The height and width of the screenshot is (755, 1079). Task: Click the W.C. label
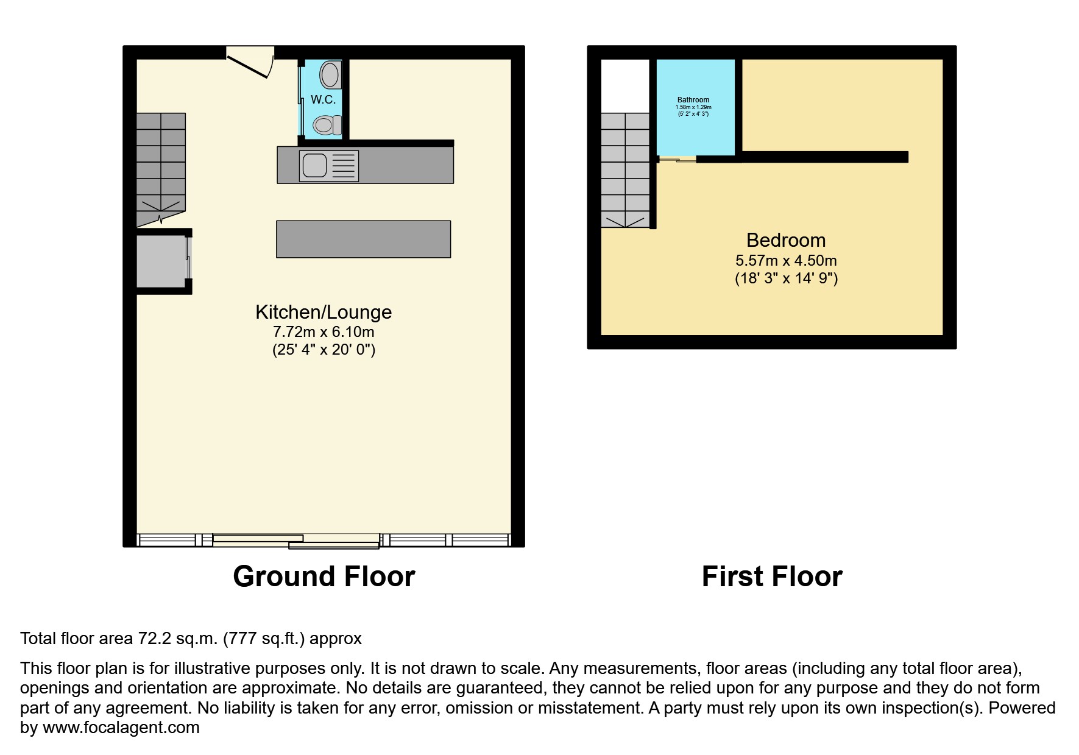click(x=323, y=99)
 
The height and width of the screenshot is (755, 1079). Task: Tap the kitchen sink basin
click(x=315, y=165)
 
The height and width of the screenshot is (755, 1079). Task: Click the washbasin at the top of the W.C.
click(x=330, y=74)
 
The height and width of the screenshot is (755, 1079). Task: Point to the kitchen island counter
click(x=363, y=239)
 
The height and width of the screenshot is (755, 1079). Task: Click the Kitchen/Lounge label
click(x=323, y=312)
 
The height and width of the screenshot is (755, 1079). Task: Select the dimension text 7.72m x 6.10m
click(x=323, y=332)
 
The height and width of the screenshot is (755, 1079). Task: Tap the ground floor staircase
click(x=161, y=161)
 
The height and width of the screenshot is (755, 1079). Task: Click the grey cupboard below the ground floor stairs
click(x=161, y=261)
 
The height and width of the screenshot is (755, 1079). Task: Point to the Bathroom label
click(x=693, y=100)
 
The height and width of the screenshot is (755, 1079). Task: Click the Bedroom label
click(x=786, y=240)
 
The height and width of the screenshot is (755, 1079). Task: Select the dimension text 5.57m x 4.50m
click(x=786, y=261)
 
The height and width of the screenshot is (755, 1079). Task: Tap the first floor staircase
click(x=625, y=168)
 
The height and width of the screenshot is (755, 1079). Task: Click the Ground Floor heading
click(x=324, y=576)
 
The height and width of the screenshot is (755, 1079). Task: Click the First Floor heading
click(x=772, y=576)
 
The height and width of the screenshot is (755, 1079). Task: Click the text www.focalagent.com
click(x=121, y=728)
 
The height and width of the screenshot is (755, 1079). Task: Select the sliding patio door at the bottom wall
click(x=296, y=541)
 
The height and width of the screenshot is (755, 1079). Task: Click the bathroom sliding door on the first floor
click(x=677, y=160)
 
